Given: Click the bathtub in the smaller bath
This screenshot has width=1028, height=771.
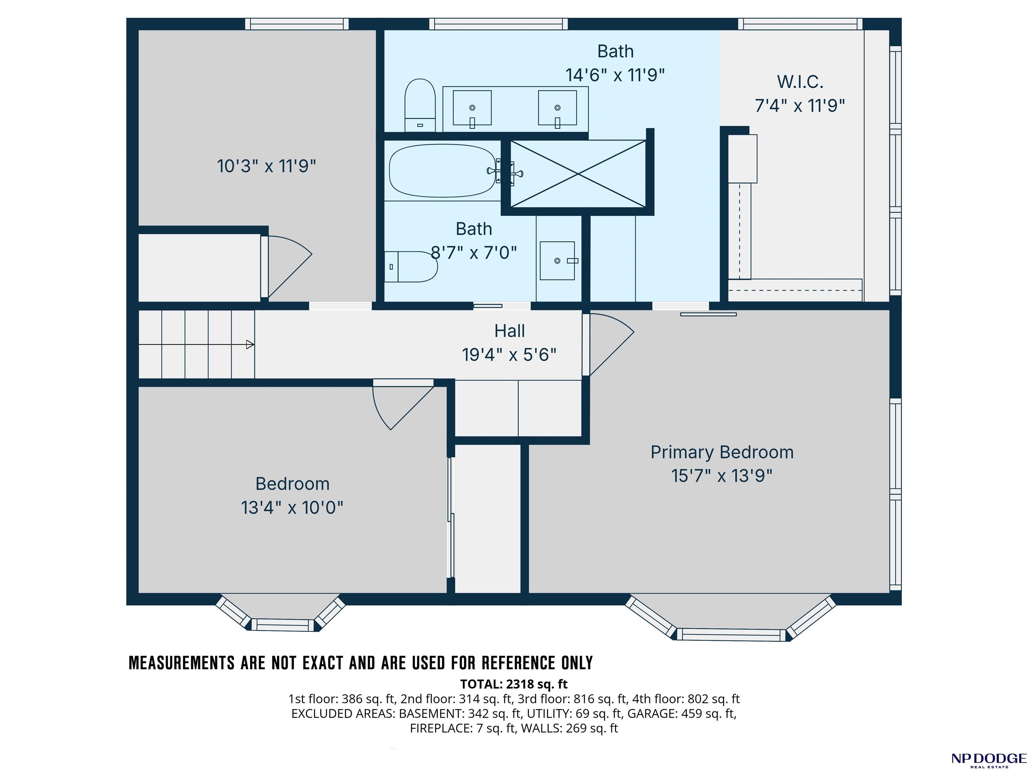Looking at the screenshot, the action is [442, 171].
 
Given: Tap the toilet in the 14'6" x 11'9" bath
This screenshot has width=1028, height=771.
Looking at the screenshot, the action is [420, 105].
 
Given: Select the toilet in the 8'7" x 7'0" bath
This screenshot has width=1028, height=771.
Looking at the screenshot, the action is [411, 267].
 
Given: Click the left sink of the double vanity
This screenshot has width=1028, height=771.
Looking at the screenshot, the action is [472, 108].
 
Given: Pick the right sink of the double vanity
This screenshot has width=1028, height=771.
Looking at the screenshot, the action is [557, 108].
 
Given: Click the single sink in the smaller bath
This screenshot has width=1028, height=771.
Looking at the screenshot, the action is [557, 260].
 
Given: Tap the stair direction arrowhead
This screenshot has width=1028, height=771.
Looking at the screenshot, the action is [250, 344].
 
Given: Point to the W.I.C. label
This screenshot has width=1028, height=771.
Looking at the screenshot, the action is [800, 82].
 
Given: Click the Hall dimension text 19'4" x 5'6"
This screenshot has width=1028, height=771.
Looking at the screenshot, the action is [509, 355].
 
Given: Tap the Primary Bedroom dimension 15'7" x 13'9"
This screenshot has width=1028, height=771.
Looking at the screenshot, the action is [721, 476].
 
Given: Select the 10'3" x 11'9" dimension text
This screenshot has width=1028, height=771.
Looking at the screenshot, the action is [266, 166].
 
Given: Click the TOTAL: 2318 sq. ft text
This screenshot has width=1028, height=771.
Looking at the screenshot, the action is [514, 684].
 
